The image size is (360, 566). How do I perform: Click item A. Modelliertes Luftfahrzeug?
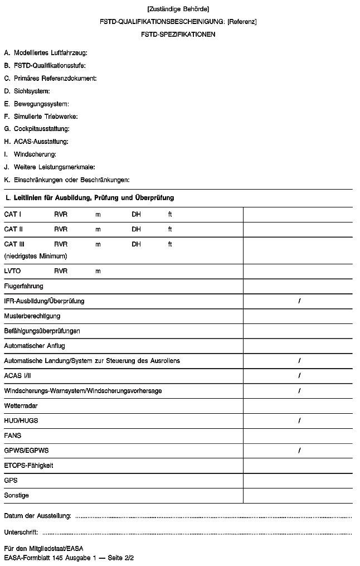pyautogui.click(x=46, y=53)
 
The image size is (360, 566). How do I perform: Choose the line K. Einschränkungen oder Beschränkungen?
pyautogui.click(x=66, y=180)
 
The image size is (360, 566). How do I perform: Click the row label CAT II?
pyautogui.click(x=13, y=229)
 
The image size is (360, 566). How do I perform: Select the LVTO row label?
pyautogui.click(x=13, y=271)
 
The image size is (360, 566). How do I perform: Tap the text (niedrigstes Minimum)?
pyautogui.click(x=36, y=256)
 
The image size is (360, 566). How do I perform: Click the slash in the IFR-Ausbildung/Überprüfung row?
pyautogui.click(x=299, y=301)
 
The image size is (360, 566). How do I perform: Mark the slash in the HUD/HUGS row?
pyautogui.click(x=299, y=420)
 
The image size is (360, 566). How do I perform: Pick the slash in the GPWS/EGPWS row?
pyautogui.click(x=299, y=450)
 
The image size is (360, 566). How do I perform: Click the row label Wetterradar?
pyautogui.click(x=21, y=405)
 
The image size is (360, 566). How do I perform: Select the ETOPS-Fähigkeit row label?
pyautogui.click(x=28, y=465)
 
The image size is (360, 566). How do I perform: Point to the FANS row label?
pyautogui.click(x=12, y=435)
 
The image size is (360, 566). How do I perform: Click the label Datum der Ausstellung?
pyautogui.click(x=37, y=515)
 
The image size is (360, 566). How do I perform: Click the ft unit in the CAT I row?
pyautogui.click(x=170, y=214)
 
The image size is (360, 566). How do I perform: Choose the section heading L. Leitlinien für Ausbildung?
pyautogui.click(x=89, y=197)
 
